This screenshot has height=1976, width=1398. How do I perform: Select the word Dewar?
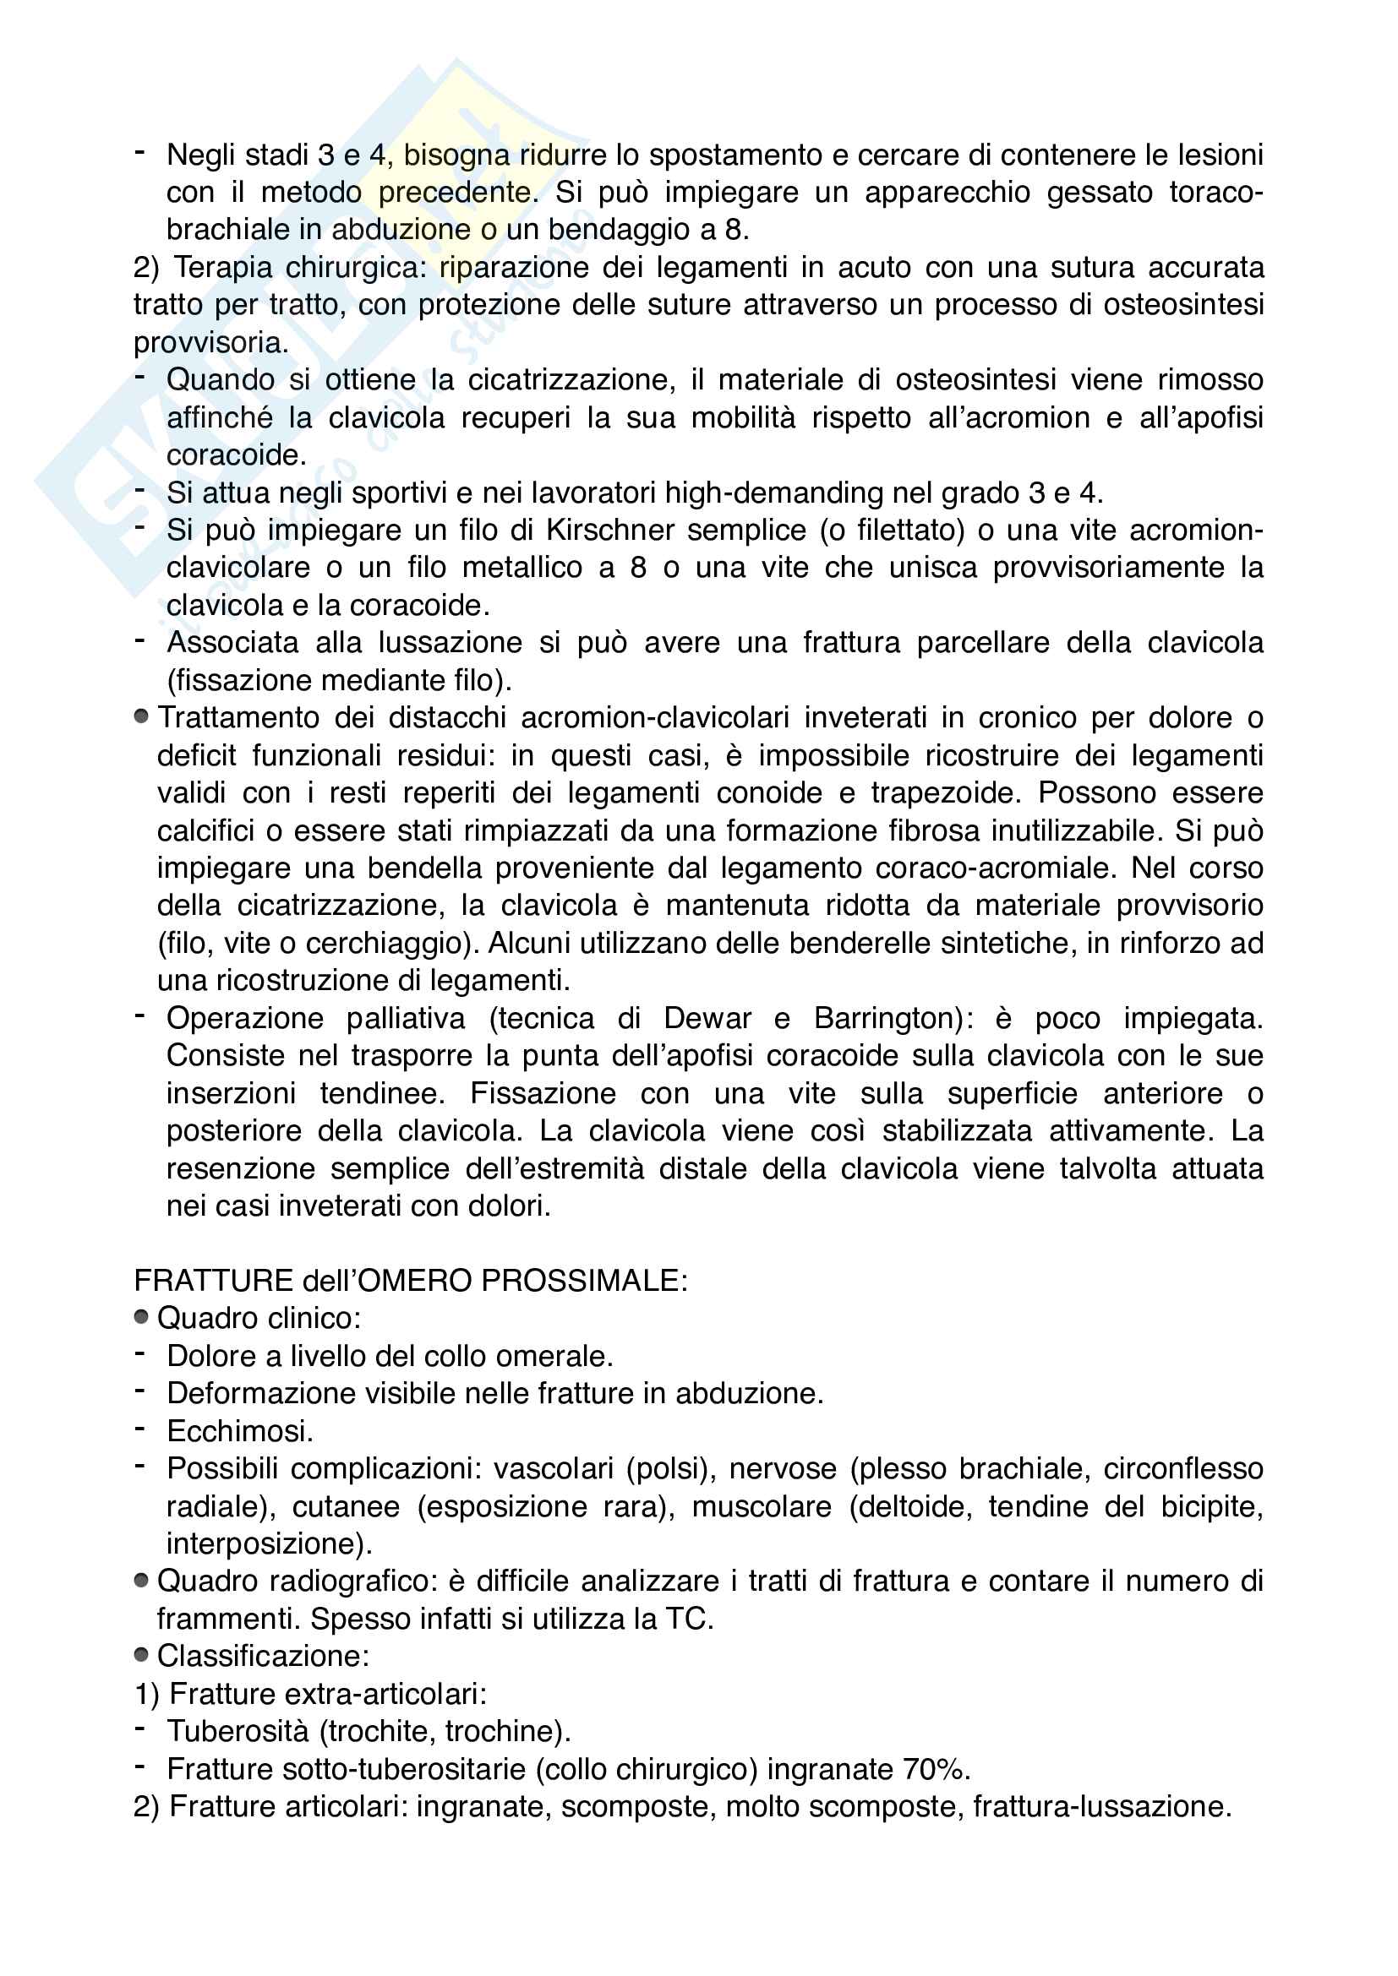(707, 1018)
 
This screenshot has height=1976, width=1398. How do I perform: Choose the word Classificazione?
(262, 1656)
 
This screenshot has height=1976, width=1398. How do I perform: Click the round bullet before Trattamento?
(142, 716)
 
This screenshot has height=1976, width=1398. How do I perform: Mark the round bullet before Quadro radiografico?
(142, 1580)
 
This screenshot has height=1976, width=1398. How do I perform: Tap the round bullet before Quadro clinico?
(142, 1317)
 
